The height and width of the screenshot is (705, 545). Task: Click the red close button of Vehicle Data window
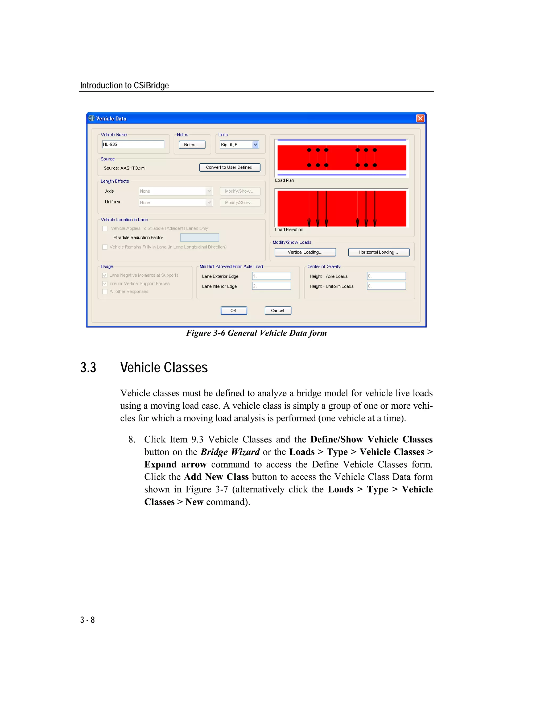(420, 118)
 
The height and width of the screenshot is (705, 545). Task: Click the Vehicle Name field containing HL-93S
(133, 144)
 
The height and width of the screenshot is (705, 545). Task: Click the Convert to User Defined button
(230, 167)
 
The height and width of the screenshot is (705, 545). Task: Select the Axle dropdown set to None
(176, 191)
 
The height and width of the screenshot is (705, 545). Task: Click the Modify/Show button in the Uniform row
(240, 202)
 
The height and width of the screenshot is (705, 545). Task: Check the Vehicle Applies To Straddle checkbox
(105, 229)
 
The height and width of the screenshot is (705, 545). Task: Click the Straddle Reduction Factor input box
(199, 238)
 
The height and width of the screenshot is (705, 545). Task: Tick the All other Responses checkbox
(105, 292)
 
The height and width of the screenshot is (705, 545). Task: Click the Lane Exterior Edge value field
(271, 276)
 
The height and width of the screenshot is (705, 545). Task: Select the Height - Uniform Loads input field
(386, 286)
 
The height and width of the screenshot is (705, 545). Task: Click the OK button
(234, 310)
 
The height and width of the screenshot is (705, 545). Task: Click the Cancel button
(278, 310)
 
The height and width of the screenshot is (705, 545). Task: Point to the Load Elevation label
(289, 230)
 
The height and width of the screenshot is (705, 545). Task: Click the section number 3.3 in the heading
(88, 368)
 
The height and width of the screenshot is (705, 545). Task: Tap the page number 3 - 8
(88, 620)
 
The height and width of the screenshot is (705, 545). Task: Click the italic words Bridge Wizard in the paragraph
(230, 452)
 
